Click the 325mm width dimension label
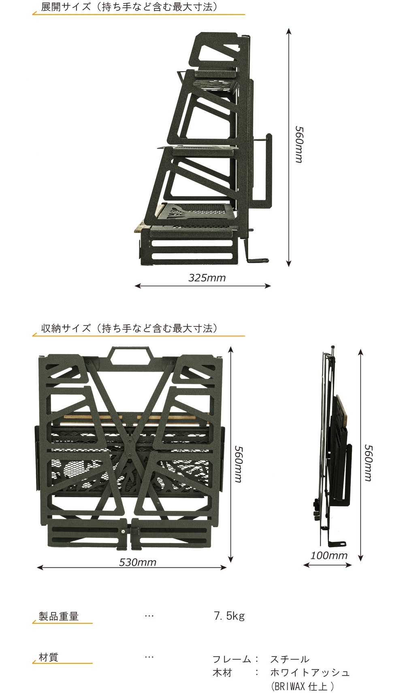[207, 278]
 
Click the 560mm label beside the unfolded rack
[299, 144]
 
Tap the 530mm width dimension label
[138, 562]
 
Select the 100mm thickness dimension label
[329, 555]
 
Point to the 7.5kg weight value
[229, 616]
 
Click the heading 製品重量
[58, 616]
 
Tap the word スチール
[290, 659]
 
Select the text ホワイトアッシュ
[310, 672]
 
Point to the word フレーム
[232, 659]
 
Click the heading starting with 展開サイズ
[129, 7]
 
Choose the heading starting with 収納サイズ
[129, 328]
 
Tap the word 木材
[222, 672]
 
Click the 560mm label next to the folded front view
[238, 464]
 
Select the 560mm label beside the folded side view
[368, 463]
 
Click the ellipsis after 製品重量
[149, 616]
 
